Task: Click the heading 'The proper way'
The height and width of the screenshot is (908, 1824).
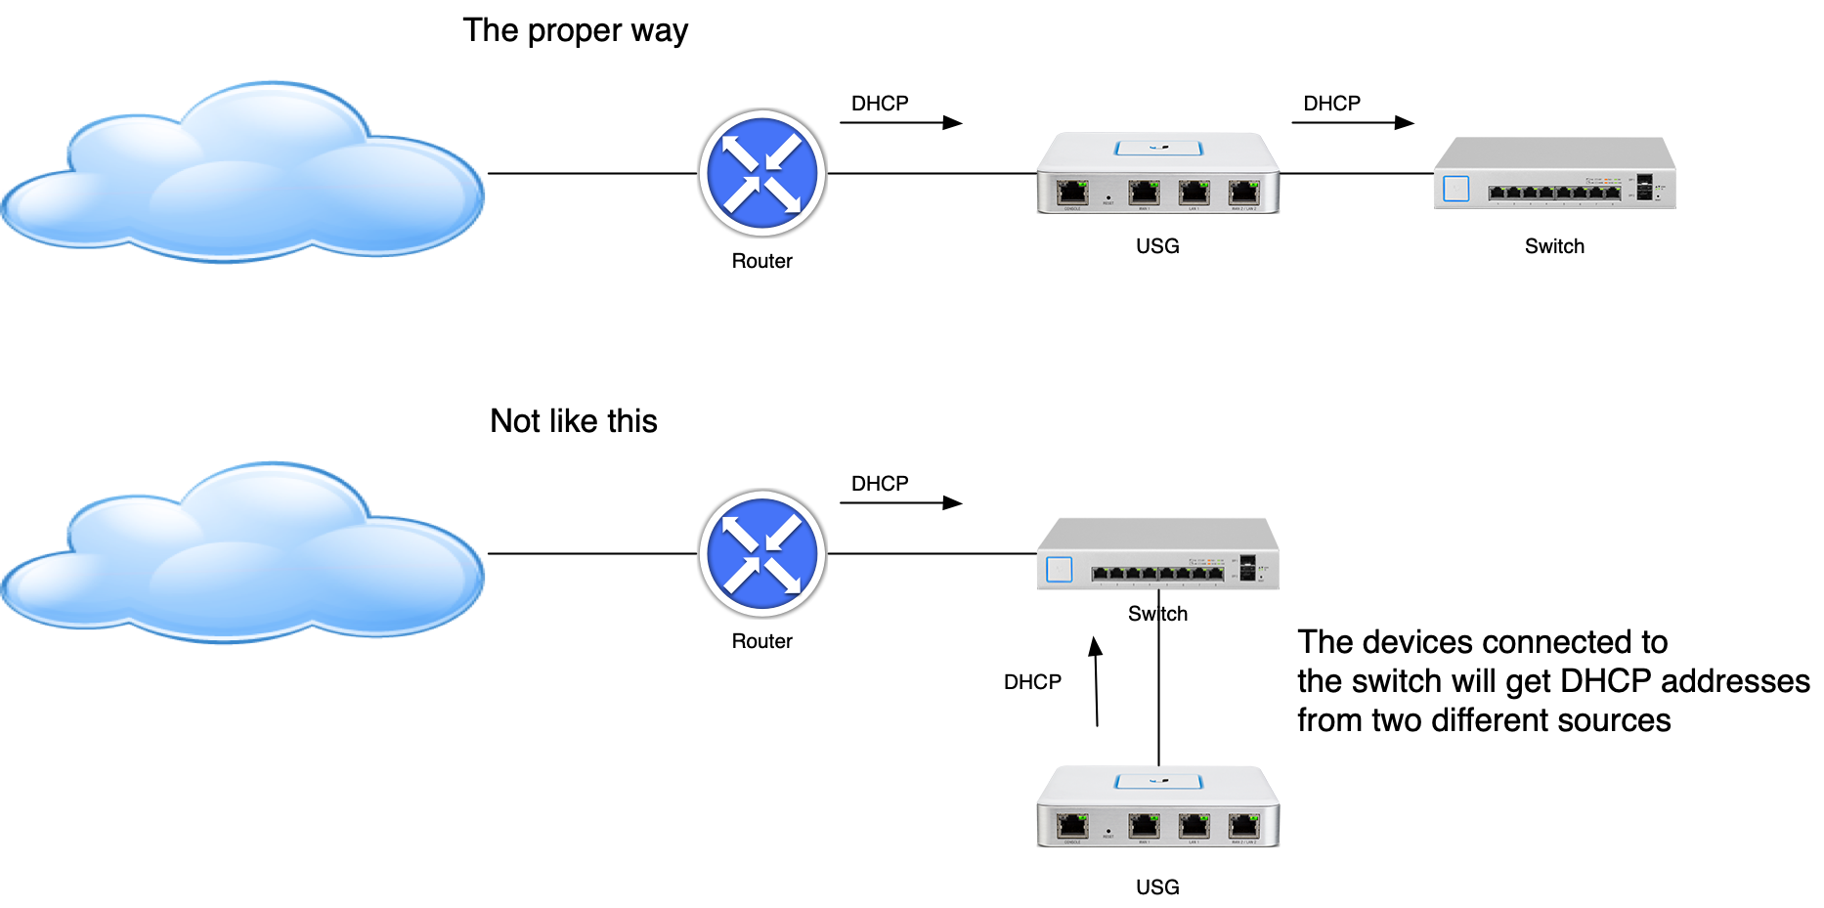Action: click(575, 31)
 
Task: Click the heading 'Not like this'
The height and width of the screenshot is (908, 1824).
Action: click(573, 421)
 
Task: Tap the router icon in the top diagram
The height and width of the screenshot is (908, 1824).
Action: click(762, 173)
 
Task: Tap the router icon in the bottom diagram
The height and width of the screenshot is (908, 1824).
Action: click(762, 553)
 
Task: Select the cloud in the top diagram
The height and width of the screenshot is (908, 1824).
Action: click(242, 173)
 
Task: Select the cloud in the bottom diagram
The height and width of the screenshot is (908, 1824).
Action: click(242, 553)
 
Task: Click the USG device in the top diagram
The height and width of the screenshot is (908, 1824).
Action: click(1157, 173)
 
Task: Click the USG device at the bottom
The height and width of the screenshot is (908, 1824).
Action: click(1157, 806)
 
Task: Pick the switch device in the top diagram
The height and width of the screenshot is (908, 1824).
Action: click(1554, 173)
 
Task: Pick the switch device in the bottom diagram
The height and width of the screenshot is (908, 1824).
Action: click(1157, 554)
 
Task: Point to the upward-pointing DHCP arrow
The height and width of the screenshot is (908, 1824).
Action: click(1096, 681)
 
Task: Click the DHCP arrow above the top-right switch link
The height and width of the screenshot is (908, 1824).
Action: click(1353, 122)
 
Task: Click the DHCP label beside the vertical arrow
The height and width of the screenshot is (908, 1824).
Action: click(1032, 682)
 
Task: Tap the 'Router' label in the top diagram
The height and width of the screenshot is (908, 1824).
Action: click(761, 261)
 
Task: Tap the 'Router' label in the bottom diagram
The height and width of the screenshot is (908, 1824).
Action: click(761, 641)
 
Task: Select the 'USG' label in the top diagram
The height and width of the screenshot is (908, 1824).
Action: click(1157, 246)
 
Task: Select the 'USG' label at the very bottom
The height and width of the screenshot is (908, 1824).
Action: click(1157, 887)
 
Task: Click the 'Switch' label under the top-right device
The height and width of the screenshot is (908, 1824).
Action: click(1554, 246)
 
